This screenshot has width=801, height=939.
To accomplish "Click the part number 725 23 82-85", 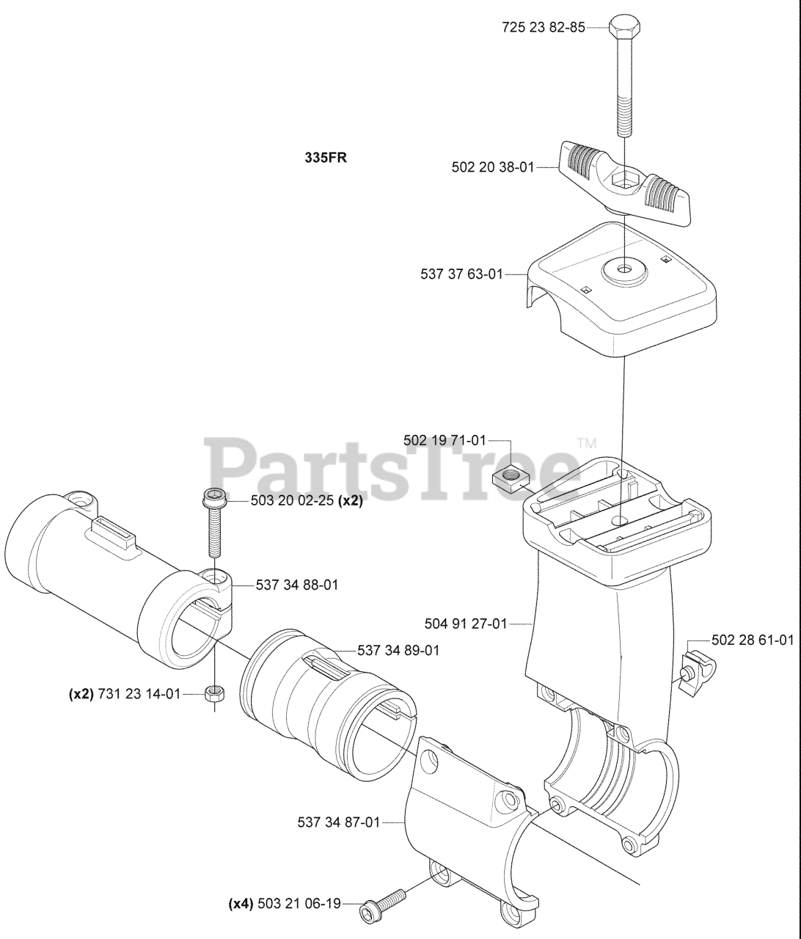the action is pyautogui.click(x=544, y=28).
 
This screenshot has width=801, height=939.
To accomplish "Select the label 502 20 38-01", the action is pyautogui.click(x=493, y=167).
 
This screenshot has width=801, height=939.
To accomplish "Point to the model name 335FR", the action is pyautogui.click(x=326, y=157).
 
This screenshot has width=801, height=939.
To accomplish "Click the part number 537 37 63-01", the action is pyautogui.click(x=462, y=274).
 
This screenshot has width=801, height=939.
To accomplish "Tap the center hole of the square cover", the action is pyautogui.click(x=624, y=270).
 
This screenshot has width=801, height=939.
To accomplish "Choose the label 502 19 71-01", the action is pyautogui.click(x=445, y=440).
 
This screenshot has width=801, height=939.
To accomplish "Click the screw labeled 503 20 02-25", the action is pyautogui.click(x=214, y=522).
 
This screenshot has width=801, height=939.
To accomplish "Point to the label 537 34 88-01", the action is pyautogui.click(x=297, y=585).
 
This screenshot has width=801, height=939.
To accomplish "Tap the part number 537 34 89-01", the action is pyautogui.click(x=398, y=650).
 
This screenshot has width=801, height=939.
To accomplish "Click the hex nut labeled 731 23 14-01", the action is pyautogui.click(x=214, y=693).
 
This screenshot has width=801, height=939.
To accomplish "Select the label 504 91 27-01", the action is pyautogui.click(x=466, y=624).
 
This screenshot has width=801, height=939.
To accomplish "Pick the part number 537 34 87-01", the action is pyautogui.click(x=339, y=822).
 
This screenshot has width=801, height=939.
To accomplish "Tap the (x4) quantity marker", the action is pyautogui.click(x=240, y=904).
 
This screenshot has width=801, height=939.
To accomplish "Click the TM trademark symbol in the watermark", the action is pyautogui.click(x=588, y=443).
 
